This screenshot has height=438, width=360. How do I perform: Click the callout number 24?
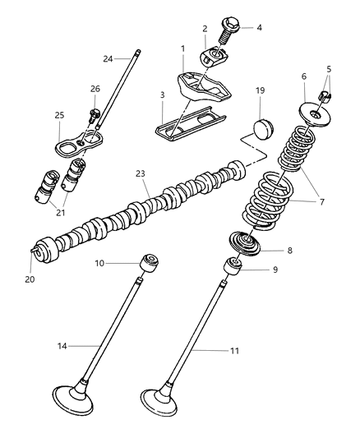point(108,58)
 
